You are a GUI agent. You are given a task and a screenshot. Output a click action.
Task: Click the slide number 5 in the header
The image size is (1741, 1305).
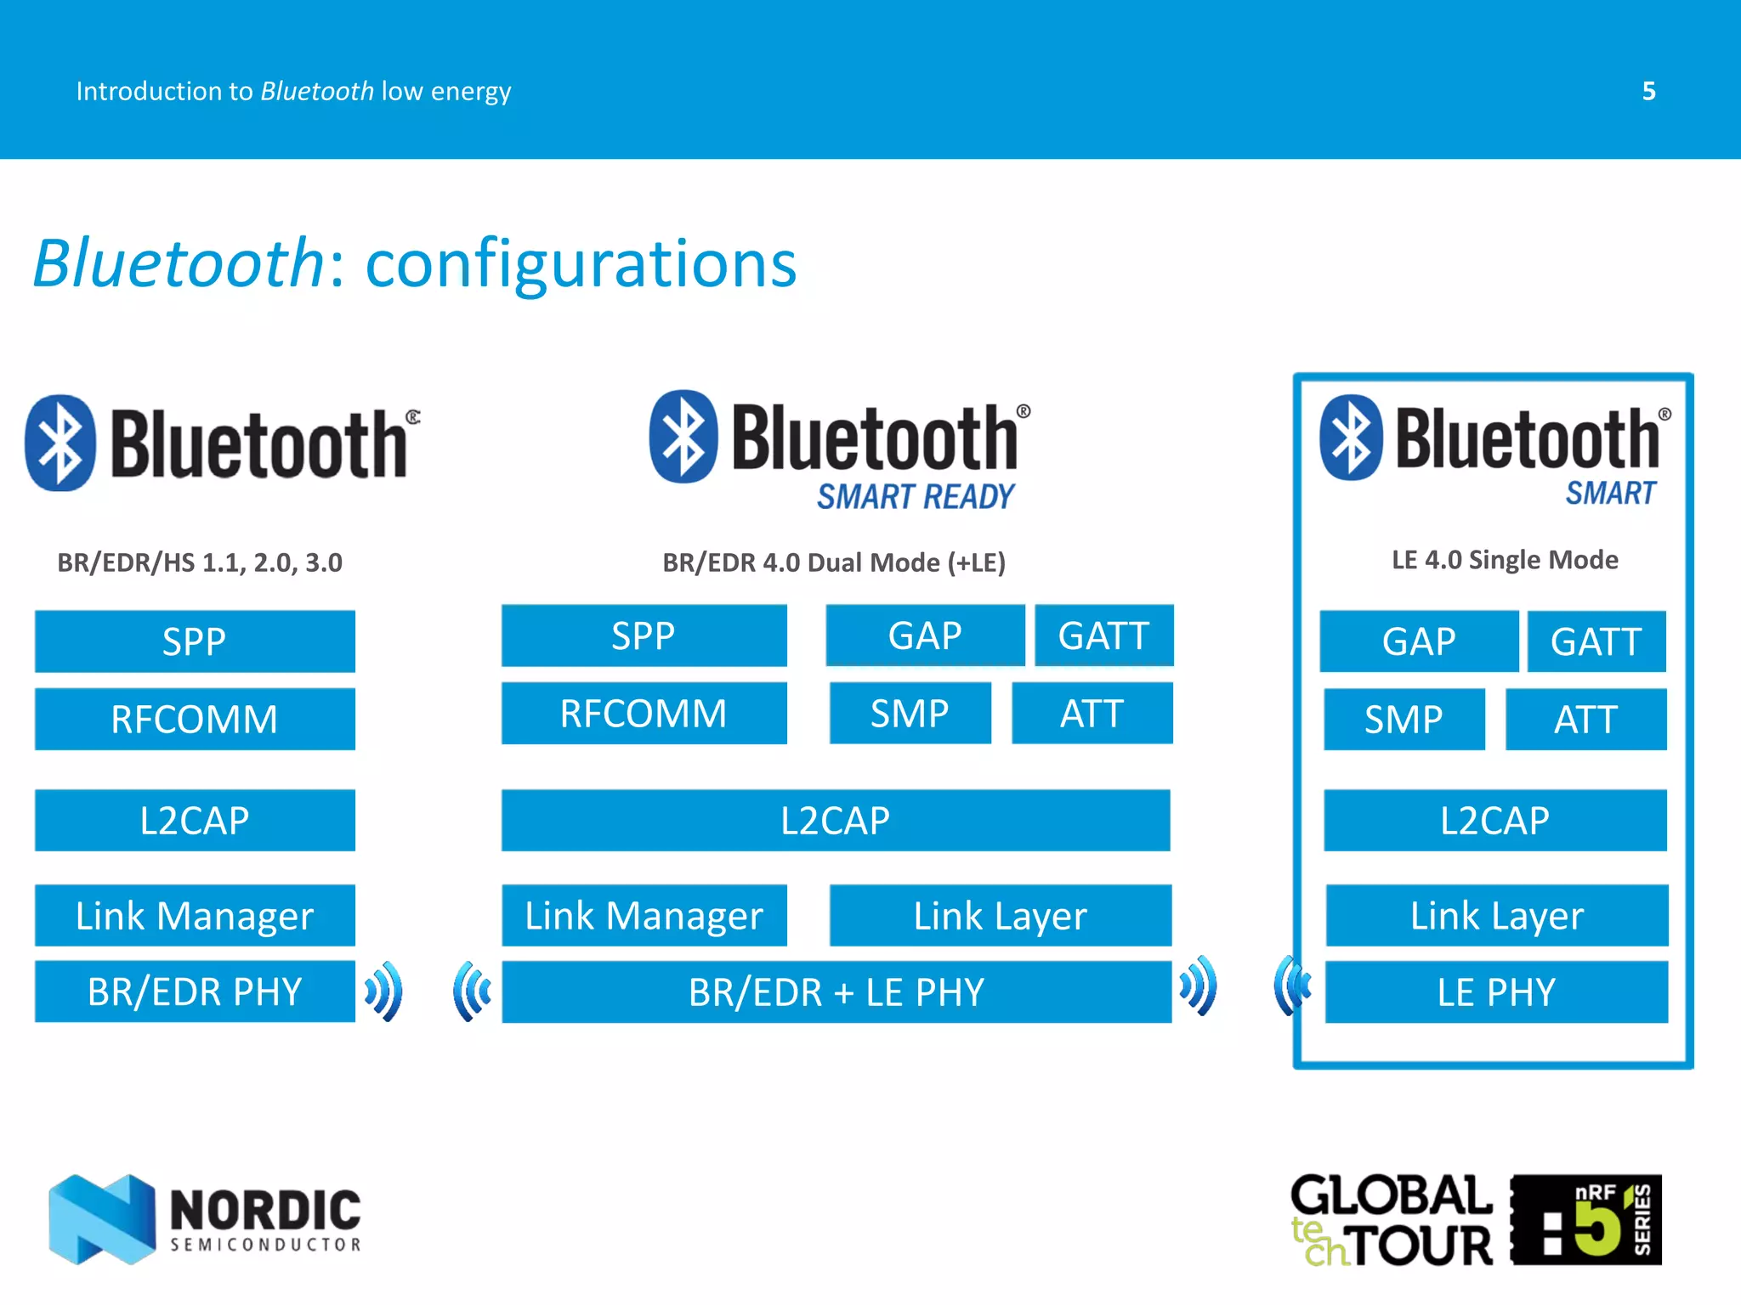click(x=1648, y=91)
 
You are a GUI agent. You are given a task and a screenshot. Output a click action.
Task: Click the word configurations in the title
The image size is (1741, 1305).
click(x=581, y=264)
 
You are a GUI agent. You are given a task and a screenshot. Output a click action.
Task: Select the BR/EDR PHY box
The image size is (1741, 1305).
click(x=195, y=991)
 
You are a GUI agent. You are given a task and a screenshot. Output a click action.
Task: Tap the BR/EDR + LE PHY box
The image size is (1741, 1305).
click(x=836, y=992)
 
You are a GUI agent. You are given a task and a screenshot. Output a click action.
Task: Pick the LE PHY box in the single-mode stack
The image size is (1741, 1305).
click(x=1496, y=992)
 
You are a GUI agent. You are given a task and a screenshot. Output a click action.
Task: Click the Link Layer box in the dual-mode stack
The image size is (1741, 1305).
click(x=1000, y=916)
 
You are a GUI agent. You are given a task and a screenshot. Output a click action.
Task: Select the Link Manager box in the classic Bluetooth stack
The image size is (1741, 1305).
click(x=195, y=916)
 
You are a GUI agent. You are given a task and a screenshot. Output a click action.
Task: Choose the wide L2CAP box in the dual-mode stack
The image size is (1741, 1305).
click(x=836, y=821)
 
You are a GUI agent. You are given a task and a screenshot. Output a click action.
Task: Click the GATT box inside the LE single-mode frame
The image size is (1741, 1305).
click(x=1596, y=641)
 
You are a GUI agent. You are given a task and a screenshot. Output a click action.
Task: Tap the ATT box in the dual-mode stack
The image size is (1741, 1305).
click(x=1092, y=714)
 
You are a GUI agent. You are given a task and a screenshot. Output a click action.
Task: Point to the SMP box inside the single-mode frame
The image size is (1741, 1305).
click(x=1404, y=720)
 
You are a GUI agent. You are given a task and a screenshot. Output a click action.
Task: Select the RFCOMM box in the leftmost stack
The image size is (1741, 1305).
click(x=195, y=720)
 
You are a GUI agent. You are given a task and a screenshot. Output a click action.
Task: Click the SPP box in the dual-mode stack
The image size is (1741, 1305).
click(x=644, y=636)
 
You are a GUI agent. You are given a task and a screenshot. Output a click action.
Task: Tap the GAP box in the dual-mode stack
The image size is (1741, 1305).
click(x=925, y=636)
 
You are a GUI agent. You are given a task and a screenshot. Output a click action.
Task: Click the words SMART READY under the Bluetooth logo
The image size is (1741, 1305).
click(x=916, y=497)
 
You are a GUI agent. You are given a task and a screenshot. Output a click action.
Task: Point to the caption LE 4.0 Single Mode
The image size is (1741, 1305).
click(x=1505, y=560)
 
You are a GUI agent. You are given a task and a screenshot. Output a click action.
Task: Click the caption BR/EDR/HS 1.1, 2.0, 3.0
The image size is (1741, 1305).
click(x=200, y=562)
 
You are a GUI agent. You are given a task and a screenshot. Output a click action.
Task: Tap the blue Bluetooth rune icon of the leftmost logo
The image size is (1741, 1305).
click(x=60, y=443)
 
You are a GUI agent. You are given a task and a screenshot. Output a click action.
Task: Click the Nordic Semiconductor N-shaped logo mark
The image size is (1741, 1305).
click(x=102, y=1218)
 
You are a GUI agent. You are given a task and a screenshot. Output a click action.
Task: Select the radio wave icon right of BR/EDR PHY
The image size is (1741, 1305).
click(x=384, y=991)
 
